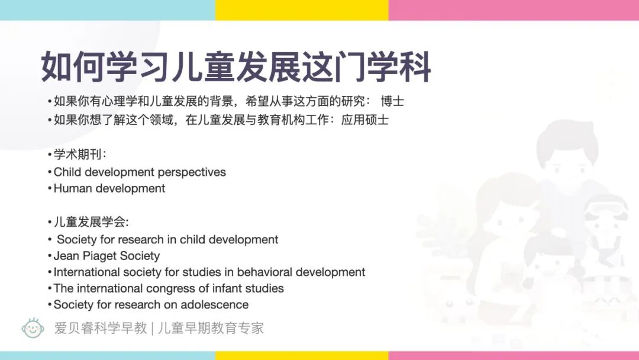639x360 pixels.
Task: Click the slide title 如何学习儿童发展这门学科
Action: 235,67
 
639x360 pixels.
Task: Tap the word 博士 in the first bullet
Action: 392,101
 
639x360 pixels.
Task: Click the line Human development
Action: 109,189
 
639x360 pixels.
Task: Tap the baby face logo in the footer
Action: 33,327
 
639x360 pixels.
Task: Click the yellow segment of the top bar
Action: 302,9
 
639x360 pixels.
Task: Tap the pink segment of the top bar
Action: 514,9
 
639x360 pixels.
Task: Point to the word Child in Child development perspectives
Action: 67,172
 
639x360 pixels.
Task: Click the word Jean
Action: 66,256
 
